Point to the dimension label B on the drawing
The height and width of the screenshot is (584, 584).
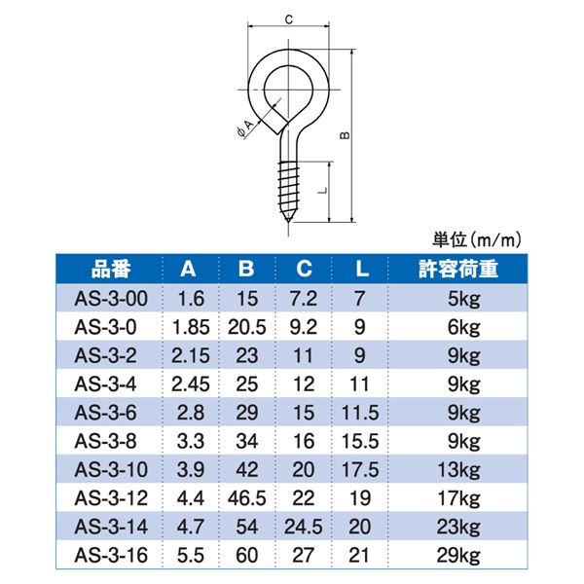point(344,137)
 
